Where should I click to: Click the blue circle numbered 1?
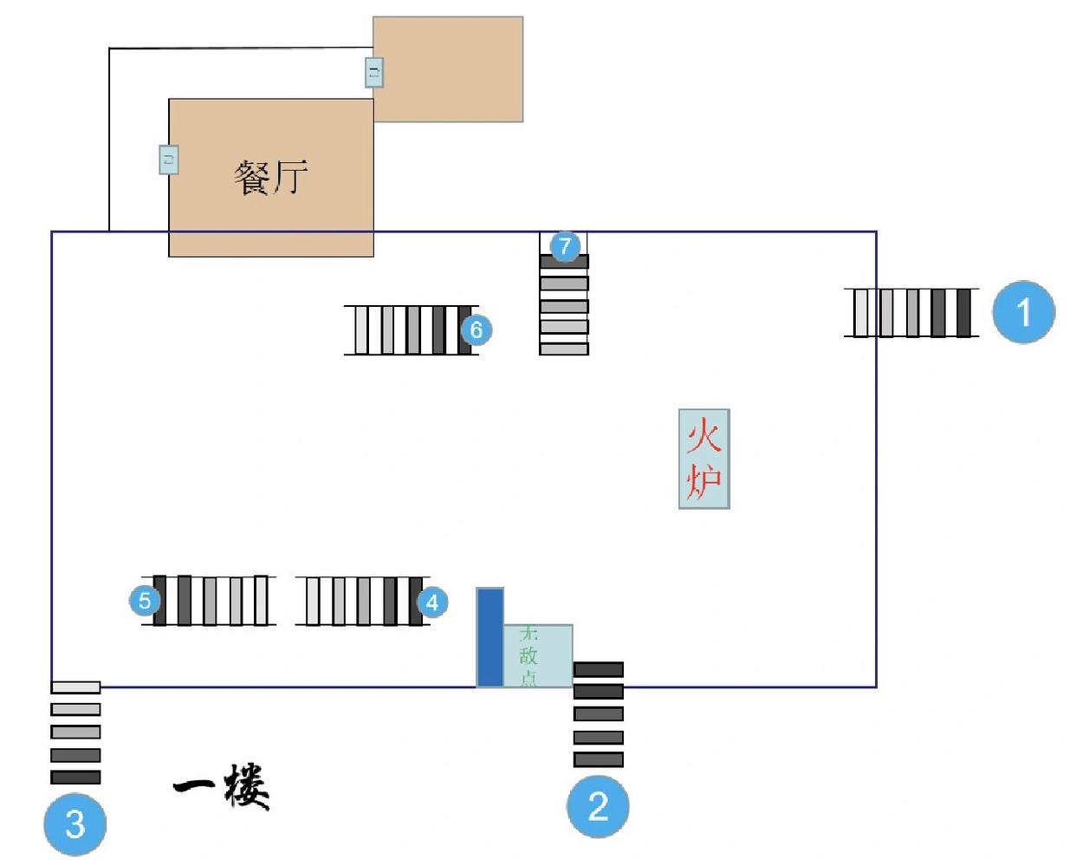[x=1023, y=312]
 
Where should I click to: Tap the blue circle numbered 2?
[x=598, y=806]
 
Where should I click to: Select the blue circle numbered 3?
[x=75, y=824]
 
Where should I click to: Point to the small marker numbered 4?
[x=433, y=602]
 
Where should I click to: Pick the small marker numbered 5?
[x=145, y=600]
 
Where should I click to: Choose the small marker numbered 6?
[x=476, y=329]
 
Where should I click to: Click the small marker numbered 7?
[x=565, y=246]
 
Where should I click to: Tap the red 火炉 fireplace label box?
[x=703, y=459]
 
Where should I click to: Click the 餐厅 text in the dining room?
[x=271, y=177]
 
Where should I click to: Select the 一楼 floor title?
[x=223, y=786]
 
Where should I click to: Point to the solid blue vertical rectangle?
[x=489, y=637]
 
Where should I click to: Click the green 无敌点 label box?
[x=537, y=655]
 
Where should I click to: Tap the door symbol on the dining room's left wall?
[x=169, y=160]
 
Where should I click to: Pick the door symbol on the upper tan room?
[x=373, y=72]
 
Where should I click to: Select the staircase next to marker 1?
[x=911, y=312]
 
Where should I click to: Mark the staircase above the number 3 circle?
[x=75, y=733]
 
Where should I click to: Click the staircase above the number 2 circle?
[x=598, y=715]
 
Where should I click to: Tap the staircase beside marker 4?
[x=360, y=601]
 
